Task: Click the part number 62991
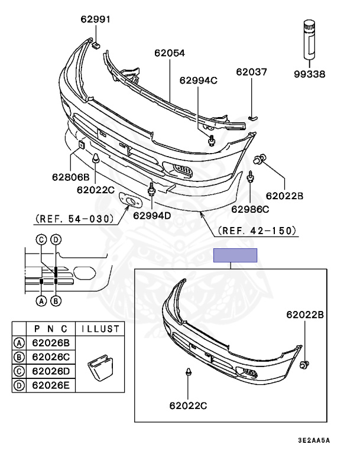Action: (95, 20)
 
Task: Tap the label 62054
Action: (170, 53)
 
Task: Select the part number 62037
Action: (251, 72)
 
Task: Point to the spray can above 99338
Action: (309, 40)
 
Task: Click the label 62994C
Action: (199, 80)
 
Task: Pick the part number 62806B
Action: (71, 177)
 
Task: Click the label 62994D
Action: (152, 215)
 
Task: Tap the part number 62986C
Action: (250, 209)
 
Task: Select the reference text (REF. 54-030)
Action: (74, 219)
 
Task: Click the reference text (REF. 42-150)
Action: (257, 231)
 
